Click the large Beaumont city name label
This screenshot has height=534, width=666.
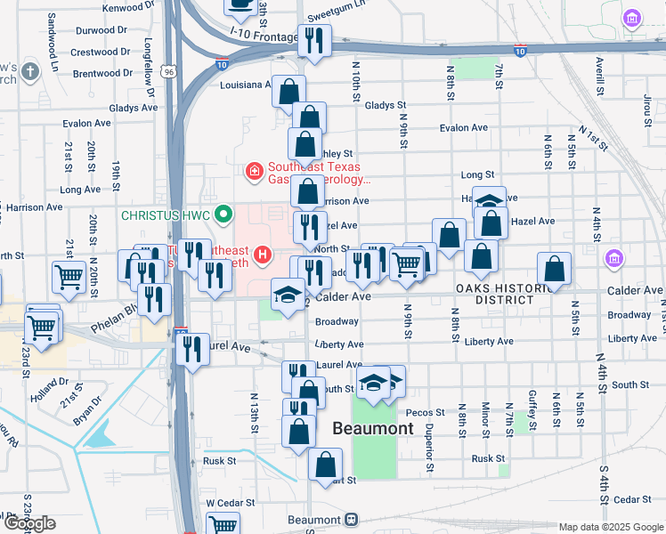372,428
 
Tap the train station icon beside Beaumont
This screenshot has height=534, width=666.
353,520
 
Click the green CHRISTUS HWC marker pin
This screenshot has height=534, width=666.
224,214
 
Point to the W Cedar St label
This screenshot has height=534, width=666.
223,503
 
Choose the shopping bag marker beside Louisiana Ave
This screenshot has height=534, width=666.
288,91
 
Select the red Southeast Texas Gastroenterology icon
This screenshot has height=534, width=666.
254,169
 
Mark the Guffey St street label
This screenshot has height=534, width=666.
532,415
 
